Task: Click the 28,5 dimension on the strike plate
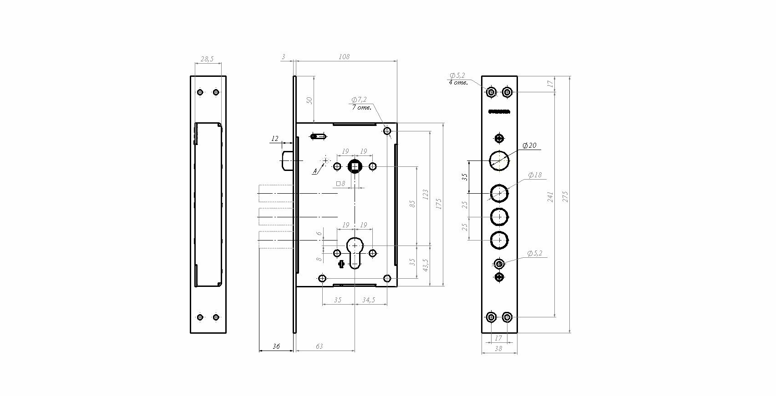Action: click(207, 59)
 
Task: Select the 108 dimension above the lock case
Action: click(344, 57)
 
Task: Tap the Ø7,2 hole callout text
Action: click(359, 100)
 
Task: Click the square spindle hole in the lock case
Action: click(355, 167)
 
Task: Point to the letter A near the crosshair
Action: click(314, 171)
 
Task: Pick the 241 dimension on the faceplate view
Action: click(550, 196)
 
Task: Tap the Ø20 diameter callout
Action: click(529, 145)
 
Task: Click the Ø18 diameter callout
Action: click(535, 175)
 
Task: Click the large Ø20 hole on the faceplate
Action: click(499, 160)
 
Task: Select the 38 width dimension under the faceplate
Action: click(499, 349)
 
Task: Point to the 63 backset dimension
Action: click(319, 346)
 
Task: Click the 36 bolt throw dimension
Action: click(276, 346)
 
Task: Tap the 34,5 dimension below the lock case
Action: click(368, 300)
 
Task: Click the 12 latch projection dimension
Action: click(274, 138)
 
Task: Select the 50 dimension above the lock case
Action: click(309, 100)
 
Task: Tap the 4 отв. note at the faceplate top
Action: click(458, 82)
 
